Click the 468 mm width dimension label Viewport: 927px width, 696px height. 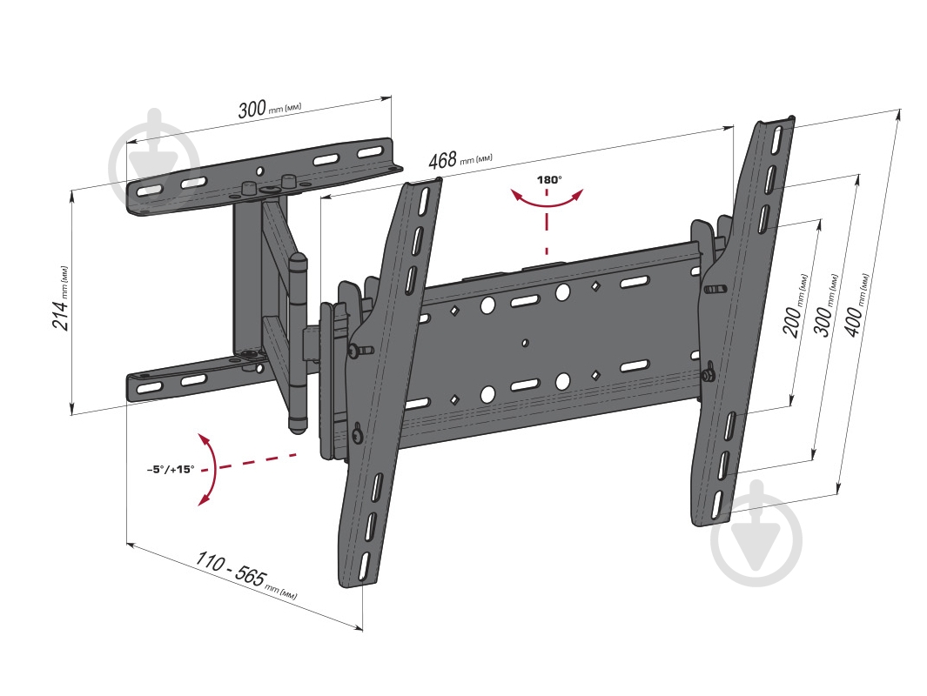[460, 159]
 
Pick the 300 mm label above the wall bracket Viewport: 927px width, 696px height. [270, 110]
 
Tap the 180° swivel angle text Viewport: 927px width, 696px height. [549, 180]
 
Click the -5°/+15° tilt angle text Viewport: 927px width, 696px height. [171, 470]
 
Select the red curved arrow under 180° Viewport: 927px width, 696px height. [547, 202]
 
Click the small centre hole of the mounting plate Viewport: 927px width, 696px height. [524, 343]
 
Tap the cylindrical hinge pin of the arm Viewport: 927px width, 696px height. [298, 344]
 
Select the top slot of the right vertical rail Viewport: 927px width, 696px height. [776, 137]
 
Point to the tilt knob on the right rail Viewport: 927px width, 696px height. [707, 375]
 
